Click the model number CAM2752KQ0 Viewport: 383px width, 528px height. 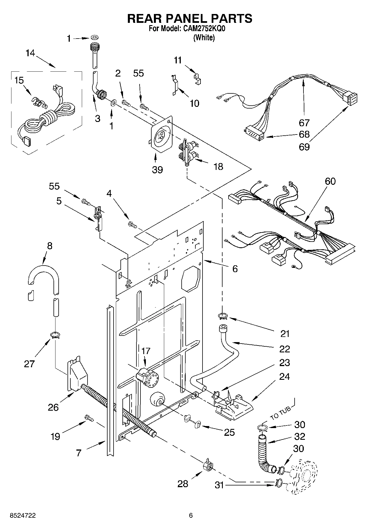point(205,29)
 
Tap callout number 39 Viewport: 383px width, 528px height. point(157,170)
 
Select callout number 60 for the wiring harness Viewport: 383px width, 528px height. point(330,181)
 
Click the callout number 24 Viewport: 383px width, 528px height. point(285,377)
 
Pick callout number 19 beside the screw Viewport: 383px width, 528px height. point(55,436)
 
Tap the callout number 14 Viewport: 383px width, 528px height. point(30,53)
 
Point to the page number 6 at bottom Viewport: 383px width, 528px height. point(191,515)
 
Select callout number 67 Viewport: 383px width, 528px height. point(304,123)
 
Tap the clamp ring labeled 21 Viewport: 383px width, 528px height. point(223,316)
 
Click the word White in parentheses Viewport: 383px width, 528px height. point(204,37)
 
